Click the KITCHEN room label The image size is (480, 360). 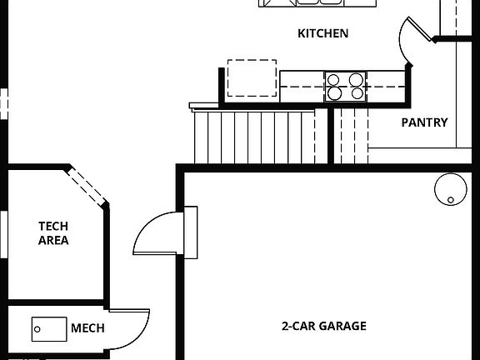click(x=323, y=33)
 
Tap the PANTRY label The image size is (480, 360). click(x=424, y=122)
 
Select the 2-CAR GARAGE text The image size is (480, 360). click(x=324, y=326)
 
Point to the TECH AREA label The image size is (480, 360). click(x=53, y=233)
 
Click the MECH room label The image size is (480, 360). click(x=87, y=328)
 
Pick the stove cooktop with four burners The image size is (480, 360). click(x=345, y=87)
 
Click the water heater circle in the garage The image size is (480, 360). click(x=451, y=189)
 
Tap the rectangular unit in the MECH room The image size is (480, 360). click(x=49, y=329)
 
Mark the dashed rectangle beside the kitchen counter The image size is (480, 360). click(x=252, y=78)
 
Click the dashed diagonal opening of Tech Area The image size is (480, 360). click(x=87, y=187)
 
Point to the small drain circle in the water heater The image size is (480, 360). click(x=451, y=200)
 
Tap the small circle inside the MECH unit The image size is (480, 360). click(x=37, y=329)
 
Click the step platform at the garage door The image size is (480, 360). click(x=190, y=232)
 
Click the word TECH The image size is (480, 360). click(x=53, y=226)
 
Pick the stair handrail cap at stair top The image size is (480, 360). click(x=204, y=106)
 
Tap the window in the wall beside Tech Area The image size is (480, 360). click(x=3, y=234)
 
